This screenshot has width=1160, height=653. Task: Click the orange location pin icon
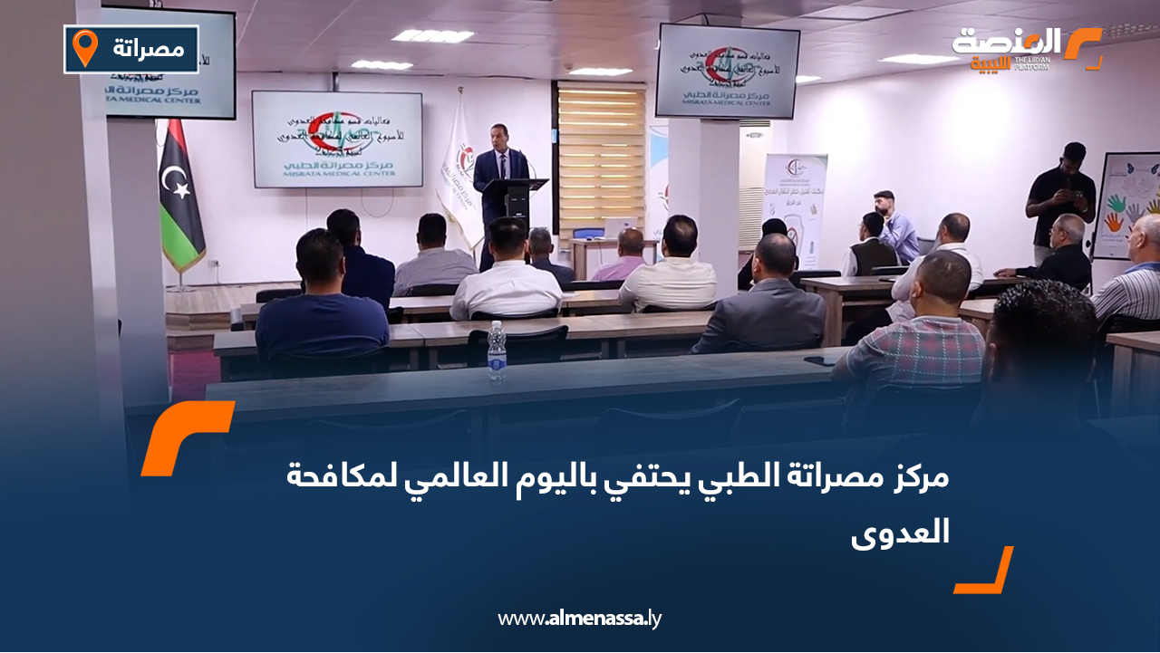coord(85,48)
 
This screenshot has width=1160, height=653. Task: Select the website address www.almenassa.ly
coord(580,619)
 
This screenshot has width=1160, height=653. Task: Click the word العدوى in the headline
coord(901,532)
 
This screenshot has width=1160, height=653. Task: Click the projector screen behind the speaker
coord(336,139)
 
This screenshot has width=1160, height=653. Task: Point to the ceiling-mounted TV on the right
coord(728,72)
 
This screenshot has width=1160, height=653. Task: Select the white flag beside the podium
coord(458,177)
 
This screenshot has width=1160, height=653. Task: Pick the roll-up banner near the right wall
coord(795,208)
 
